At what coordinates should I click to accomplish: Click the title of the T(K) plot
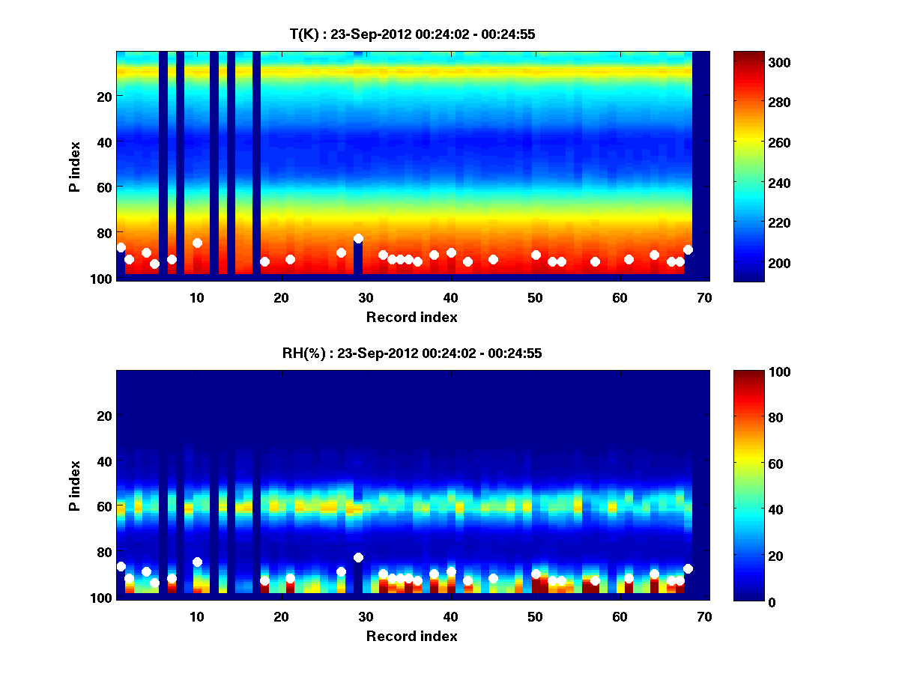[x=412, y=34]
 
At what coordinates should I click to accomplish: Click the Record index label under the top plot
[x=412, y=317]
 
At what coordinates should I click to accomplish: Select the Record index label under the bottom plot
[x=412, y=636]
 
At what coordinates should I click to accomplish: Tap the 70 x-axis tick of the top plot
[x=704, y=297]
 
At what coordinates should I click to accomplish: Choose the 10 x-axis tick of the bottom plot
[x=197, y=616]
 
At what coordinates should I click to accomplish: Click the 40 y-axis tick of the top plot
[x=103, y=142]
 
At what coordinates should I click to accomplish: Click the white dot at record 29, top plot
[x=358, y=238]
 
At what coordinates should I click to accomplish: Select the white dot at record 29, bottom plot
[x=358, y=557]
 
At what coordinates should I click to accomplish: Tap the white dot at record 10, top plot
[x=197, y=243]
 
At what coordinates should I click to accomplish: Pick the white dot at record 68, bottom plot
[x=688, y=568]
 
